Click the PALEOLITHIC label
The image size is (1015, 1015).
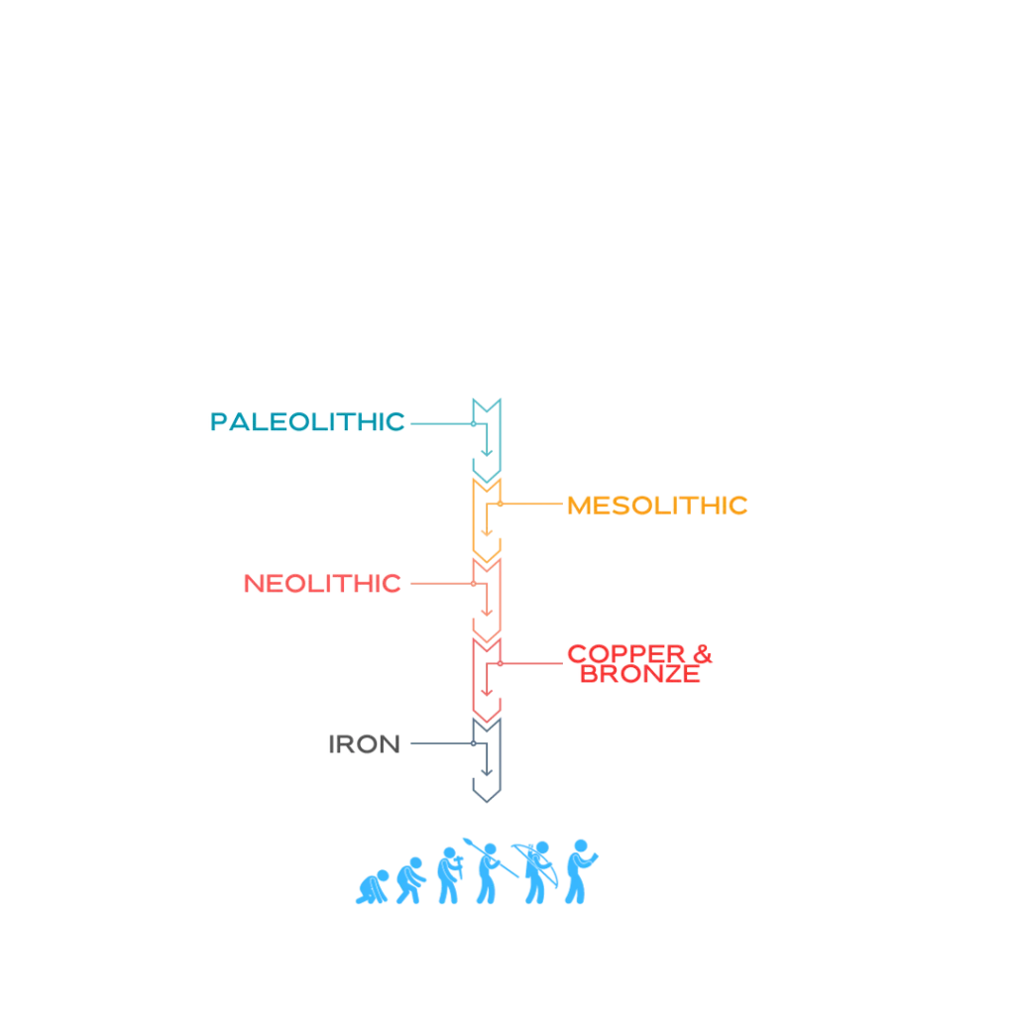click(x=307, y=421)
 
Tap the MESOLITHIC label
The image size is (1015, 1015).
click(x=657, y=506)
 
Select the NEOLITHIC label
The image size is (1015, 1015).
click(x=323, y=583)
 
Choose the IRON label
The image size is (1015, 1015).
click(x=365, y=743)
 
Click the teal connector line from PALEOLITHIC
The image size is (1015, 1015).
click(x=441, y=423)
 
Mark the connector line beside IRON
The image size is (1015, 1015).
click(x=436, y=741)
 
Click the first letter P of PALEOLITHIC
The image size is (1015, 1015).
click(x=219, y=422)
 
